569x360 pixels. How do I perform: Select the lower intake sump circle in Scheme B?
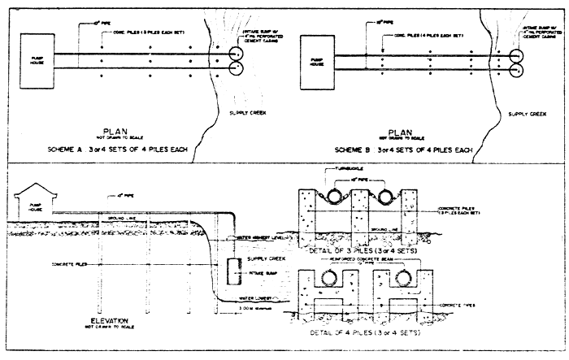coord(516,72)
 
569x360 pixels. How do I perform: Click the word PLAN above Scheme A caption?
coord(120,129)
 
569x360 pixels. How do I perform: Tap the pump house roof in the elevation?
coord(27,189)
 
